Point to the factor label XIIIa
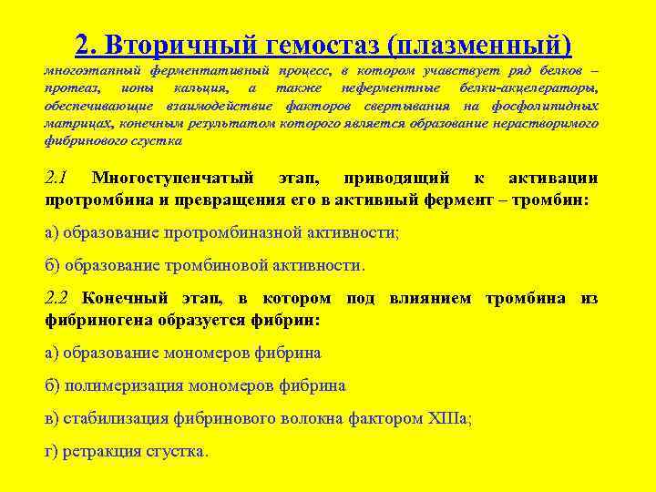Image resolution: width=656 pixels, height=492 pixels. (x=448, y=418)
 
